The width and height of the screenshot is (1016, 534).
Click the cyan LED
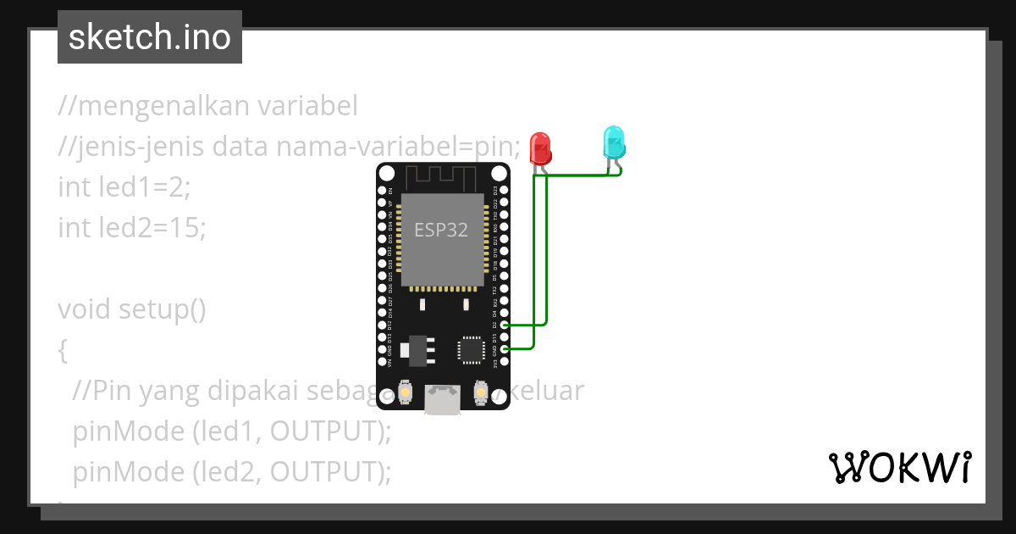[x=613, y=142]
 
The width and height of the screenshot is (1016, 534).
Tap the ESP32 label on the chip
[x=440, y=230]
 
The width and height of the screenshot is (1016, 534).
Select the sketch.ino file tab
[x=150, y=37]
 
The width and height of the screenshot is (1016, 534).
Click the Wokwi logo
[x=899, y=467]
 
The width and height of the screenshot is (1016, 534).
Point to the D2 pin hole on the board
[x=505, y=325]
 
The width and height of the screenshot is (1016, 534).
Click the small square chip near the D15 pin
[x=471, y=349]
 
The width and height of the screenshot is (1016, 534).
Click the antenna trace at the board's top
[x=443, y=178]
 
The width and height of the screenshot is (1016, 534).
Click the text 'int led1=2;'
[x=124, y=186]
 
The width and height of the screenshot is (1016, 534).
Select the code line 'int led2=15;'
[x=131, y=227]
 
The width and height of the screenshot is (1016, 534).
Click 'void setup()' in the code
[x=132, y=309]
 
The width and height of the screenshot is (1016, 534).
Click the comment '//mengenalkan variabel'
[x=207, y=106]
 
